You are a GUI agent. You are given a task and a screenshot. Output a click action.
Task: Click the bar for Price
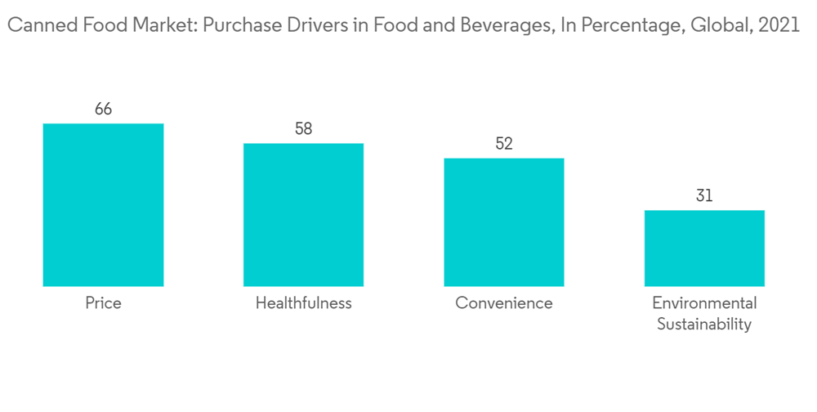103,204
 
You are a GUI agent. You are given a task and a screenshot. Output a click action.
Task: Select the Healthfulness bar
303,214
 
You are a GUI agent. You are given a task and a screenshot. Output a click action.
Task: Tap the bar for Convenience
504,222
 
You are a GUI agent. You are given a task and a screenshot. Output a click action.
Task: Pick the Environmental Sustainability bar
704,248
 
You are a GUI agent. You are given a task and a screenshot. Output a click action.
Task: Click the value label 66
103,109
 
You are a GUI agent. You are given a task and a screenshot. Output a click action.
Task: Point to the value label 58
303,128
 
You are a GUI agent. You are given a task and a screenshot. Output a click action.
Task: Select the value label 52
504,144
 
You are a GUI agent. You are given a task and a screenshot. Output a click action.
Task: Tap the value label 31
704,196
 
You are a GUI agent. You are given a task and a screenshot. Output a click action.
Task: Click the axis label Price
103,303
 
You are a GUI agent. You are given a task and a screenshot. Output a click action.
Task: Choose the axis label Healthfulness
303,303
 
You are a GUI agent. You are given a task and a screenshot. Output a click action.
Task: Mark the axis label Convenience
504,303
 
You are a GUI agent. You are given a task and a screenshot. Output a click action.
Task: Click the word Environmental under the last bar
704,303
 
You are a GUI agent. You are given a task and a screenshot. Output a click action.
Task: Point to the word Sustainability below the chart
704,325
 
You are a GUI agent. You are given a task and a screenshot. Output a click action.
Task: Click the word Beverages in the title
508,26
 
